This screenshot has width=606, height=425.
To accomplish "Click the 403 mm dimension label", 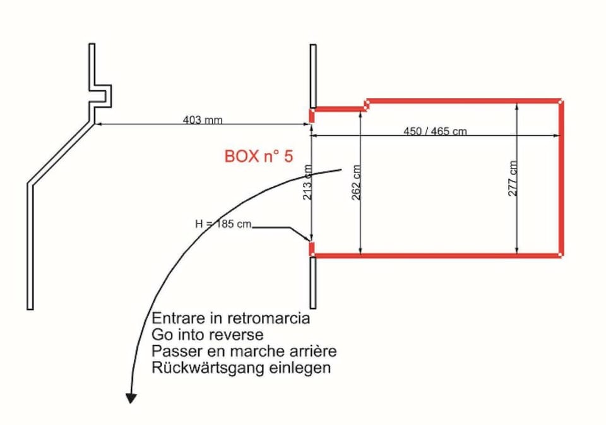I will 202,119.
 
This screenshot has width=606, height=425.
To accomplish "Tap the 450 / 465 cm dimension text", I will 435,131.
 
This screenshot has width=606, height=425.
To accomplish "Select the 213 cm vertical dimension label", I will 307,182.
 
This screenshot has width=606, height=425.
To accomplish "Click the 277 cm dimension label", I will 513,177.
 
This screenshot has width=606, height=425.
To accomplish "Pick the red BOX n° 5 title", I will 259,156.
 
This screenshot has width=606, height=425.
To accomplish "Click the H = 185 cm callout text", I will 223,224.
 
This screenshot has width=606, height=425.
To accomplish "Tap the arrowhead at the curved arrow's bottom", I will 131,398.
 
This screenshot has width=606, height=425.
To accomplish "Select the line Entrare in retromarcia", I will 231,318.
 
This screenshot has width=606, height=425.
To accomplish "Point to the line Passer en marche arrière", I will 244,351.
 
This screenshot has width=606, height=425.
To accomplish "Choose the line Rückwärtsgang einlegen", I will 241,368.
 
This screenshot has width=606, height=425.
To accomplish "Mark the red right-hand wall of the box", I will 561,177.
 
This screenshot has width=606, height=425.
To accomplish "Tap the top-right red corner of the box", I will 561,100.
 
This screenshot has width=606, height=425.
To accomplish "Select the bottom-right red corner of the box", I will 561,254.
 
